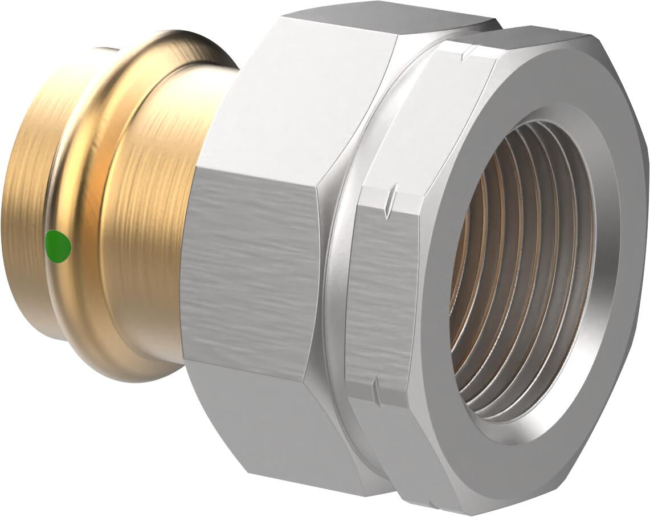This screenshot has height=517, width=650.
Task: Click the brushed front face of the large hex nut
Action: point(251,274)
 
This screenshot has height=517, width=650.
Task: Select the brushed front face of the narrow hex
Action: point(379,296)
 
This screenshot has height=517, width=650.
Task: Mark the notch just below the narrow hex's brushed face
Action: point(374,388)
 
